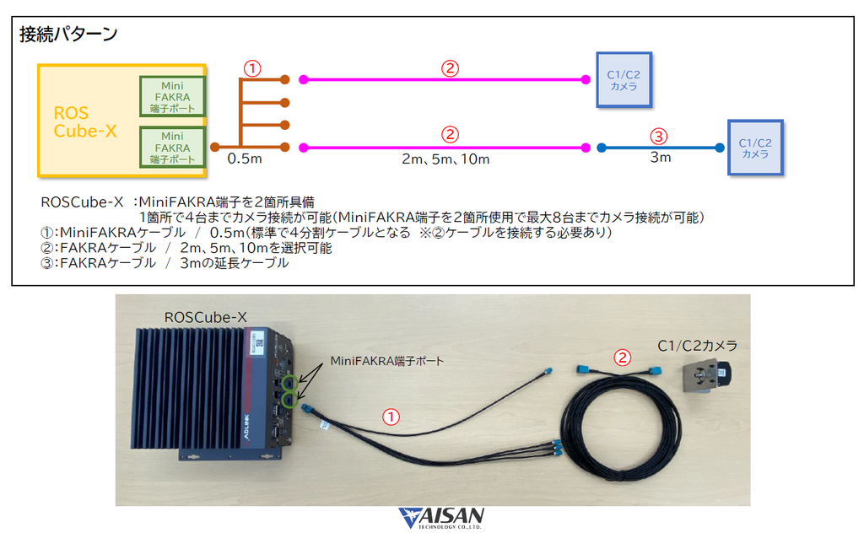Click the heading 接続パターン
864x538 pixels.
pyautogui.click(x=68, y=34)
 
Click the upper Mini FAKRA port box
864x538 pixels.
pyautogui.click(x=172, y=96)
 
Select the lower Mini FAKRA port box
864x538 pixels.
pyautogui.click(x=172, y=147)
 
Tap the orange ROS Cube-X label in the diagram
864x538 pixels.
pyautogui.click(x=85, y=121)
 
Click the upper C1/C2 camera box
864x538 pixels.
pyautogui.click(x=624, y=80)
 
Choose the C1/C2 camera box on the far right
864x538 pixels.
pyautogui.click(x=755, y=148)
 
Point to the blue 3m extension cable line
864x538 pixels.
pyautogui.click(x=661, y=148)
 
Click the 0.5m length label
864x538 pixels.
pyautogui.click(x=245, y=159)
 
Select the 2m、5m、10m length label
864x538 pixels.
pyautogui.click(x=445, y=159)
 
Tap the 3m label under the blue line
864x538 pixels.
pyautogui.click(x=661, y=158)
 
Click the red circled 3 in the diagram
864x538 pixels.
pyautogui.click(x=658, y=136)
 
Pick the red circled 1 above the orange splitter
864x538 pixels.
pyautogui.click(x=251, y=69)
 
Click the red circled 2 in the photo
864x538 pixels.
pyautogui.click(x=622, y=358)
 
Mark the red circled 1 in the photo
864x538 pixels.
pyautogui.click(x=391, y=417)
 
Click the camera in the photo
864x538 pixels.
pyautogui.click(x=706, y=375)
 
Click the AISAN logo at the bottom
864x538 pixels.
pyautogui.click(x=441, y=518)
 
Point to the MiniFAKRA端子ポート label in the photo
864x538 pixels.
pyautogui.click(x=386, y=361)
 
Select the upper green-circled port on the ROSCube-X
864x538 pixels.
pyautogui.click(x=289, y=382)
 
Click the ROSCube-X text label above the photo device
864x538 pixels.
pyautogui.click(x=206, y=318)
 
